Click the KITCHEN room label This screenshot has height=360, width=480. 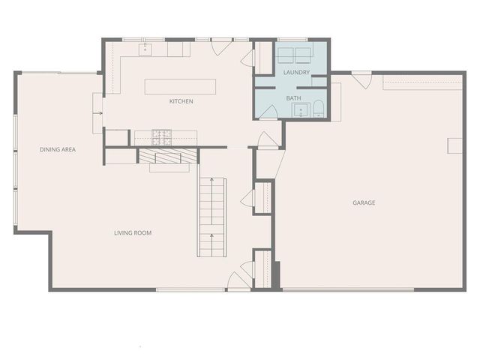point(181,101)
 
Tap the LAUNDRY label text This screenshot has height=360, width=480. point(296,72)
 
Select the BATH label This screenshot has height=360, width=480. point(294,98)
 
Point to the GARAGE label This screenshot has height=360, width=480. point(364,202)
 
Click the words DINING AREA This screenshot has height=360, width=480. point(58,149)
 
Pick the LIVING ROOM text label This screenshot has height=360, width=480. point(133,232)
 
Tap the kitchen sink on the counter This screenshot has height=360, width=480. point(146,50)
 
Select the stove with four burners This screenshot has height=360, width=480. point(161,137)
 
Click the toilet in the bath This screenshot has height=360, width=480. point(317,109)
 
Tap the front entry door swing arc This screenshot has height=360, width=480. point(238,282)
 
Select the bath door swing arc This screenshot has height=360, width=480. point(269,111)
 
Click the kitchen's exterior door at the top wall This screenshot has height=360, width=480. point(220,46)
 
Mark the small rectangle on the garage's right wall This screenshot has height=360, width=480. point(454,145)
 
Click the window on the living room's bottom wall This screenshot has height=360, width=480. point(191,289)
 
